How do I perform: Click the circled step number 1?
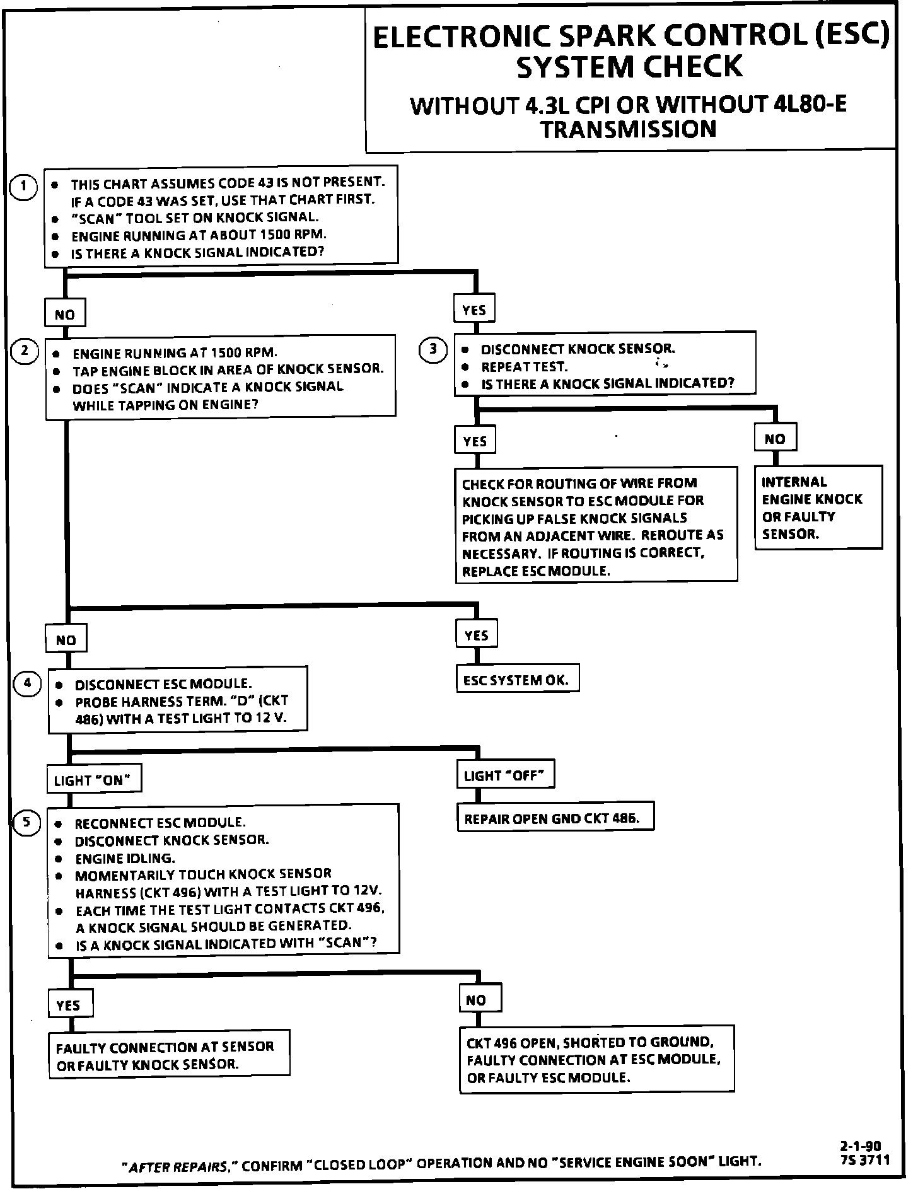click(x=24, y=187)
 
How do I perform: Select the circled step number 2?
click(x=25, y=351)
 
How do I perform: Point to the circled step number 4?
click(x=27, y=683)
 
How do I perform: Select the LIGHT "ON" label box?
click(x=93, y=780)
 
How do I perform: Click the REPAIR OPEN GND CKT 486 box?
click(x=555, y=818)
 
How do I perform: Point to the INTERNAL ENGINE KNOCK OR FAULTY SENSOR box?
click(x=818, y=507)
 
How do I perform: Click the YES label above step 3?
click(x=474, y=310)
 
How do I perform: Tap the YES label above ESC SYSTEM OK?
click(x=476, y=635)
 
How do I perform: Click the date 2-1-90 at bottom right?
click(x=860, y=1145)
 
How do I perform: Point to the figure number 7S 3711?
click(x=864, y=1159)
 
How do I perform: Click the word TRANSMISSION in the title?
click(x=629, y=129)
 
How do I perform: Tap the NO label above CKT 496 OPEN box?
click(x=479, y=1000)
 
